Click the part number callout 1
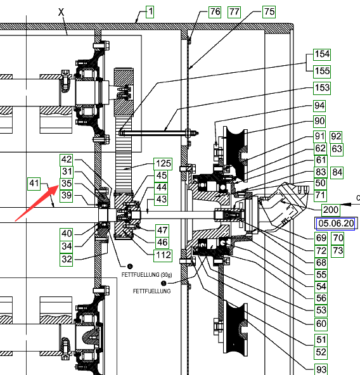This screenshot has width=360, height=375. [150, 11]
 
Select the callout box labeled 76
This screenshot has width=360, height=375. [215, 11]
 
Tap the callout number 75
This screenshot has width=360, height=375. [269, 11]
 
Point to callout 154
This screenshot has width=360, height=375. [322, 54]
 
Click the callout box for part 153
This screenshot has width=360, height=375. [322, 88]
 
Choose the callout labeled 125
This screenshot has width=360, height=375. [163, 164]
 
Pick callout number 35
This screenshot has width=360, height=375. [67, 184]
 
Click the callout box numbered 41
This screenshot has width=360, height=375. [34, 184]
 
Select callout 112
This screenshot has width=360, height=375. [163, 255]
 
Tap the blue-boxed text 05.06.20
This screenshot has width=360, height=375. [335, 224]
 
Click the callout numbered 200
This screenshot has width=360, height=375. [330, 210]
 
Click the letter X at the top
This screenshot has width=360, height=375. [61, 12]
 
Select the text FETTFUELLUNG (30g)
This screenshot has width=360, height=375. [147, 275]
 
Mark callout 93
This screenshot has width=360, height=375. [321, 370]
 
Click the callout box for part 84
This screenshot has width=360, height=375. [337, 173]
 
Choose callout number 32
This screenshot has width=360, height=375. [67, 260]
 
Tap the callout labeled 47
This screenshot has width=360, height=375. [162, 231]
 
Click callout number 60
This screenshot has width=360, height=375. [321, 324]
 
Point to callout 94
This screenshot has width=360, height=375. [319, 106]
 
